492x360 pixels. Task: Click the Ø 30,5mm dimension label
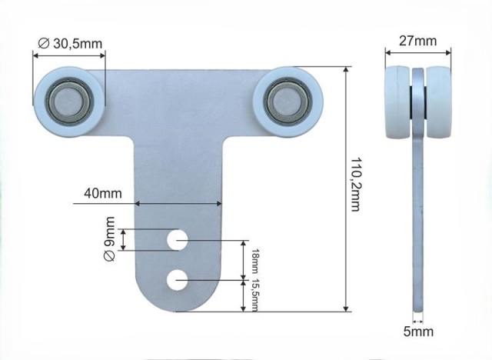point(70,44)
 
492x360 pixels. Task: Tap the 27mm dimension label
point(417,41)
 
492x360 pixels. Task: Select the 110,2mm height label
point(355,185)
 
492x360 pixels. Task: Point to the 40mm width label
point(102,193)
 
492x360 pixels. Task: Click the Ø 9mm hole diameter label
point(109,238)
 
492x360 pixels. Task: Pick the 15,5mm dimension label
point(255,295)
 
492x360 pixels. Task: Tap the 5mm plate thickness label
point(418,332)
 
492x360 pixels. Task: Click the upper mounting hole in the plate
point(178,240)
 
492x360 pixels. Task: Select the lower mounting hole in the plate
point(178,280)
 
